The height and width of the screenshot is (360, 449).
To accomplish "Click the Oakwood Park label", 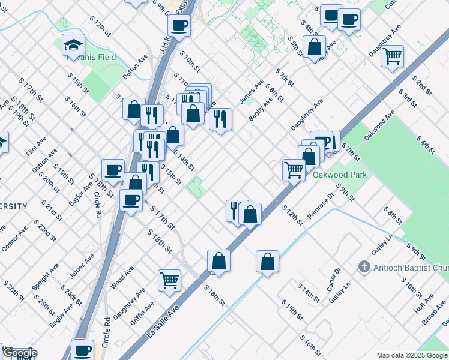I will point(339,175).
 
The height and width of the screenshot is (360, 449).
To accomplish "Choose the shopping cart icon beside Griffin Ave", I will point(170,279).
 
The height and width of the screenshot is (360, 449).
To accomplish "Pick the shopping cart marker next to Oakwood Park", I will point(294,169).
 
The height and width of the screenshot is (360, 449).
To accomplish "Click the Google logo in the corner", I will point(19,353).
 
